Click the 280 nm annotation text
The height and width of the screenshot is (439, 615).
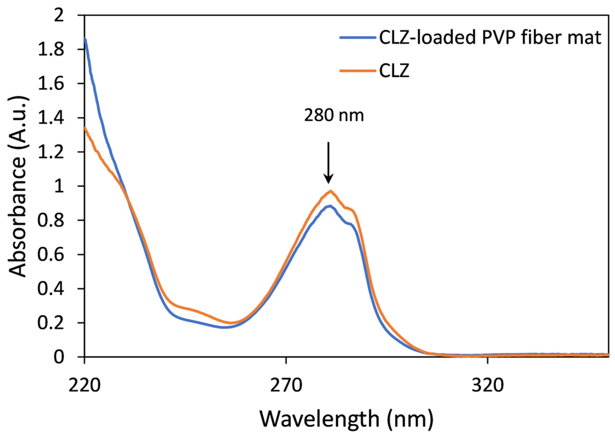point(334,116)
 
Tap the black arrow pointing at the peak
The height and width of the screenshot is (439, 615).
point(328,162)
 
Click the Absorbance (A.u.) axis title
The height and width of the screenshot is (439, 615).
point(18,187)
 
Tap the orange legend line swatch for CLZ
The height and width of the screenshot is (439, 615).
point(357,71)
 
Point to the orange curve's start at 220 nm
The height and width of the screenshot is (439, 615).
point(85,128)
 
